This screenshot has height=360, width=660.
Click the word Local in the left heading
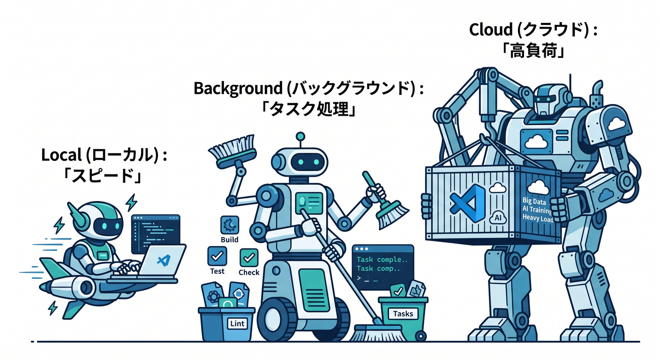[61, 155]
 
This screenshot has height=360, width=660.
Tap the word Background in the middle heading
[238, 89]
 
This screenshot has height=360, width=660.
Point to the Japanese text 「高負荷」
[533, 51]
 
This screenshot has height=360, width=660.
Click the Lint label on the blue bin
[237, 323]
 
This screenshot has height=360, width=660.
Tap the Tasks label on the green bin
[403, 314]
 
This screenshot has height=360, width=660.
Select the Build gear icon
[230, 225]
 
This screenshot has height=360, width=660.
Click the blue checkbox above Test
[217, 256]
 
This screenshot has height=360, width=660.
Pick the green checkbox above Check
[249, 258]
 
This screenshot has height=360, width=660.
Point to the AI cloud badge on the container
[498, 217]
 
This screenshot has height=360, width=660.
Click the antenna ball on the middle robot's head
[300, 136]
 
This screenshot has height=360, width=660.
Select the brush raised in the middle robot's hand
[232, 151]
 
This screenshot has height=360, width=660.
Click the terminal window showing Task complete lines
[383, 267]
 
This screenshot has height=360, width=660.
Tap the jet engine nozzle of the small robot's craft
[86, 287]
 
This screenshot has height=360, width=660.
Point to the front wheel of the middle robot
[277, 320]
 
